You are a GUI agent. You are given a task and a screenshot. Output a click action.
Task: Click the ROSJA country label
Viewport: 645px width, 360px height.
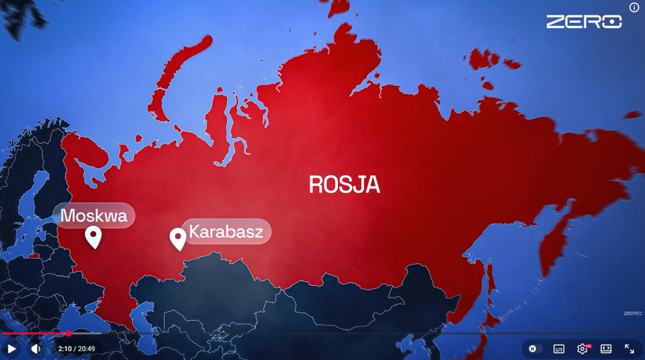tap(344, 185)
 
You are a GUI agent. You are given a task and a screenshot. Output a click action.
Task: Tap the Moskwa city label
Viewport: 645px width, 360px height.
tap(94, 215)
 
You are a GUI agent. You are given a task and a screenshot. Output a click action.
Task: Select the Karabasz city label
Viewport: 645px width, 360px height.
tap(226, 232)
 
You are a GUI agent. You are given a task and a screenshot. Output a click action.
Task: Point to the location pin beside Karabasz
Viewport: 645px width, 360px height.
tap(178, 239)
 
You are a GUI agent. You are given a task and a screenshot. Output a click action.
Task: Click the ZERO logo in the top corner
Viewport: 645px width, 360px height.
tap(584, 22)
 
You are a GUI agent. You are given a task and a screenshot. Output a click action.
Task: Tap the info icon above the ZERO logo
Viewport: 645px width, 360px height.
tap(634, 8)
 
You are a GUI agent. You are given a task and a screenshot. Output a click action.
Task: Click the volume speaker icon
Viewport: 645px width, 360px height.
tap(36, 348)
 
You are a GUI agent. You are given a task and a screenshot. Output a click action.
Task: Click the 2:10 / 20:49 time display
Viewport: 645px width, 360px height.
tap(77, 348)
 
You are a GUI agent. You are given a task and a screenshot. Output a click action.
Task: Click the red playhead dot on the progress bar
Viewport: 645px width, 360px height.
tap(69, 334)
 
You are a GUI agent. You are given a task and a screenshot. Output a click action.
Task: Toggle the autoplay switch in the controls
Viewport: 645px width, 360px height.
tap(533, 348)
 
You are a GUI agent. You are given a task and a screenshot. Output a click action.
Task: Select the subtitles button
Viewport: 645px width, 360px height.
tap(559, 348)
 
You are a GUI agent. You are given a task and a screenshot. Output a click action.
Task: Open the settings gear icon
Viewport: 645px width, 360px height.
tap(582, 348)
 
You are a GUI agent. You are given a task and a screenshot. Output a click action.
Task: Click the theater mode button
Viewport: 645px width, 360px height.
tap(606, 348)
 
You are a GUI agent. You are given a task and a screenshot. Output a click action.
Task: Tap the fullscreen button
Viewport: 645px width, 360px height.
tap(630, 348)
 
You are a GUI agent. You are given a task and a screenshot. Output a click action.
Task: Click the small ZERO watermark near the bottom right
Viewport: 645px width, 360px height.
tap(633, 314)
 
